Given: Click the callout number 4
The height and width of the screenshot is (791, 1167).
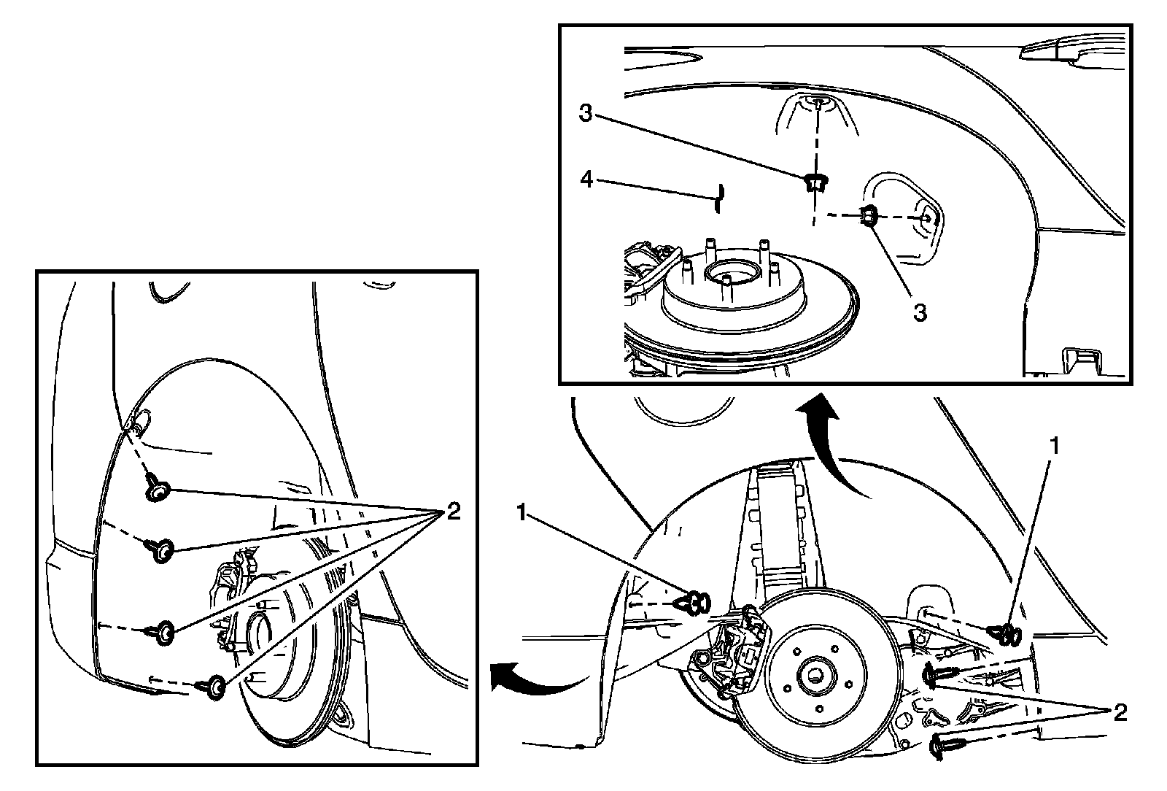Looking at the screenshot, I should pyautogui.click(x=586, y=179).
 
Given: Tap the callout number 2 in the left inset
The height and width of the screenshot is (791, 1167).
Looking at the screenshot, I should pyautogui.click(x=453, y=512).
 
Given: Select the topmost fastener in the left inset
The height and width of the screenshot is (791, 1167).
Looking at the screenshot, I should pyautogui.click(x=157, y=488).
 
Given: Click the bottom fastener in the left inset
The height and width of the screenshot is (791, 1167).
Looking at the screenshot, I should pyautogui.click(x=214, y=687).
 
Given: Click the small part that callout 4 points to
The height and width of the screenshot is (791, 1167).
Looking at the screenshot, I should pyautogui.click(x=718, y=197).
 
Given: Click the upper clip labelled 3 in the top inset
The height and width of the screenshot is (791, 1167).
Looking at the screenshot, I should pyautogui.click(x=815, y=182).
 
